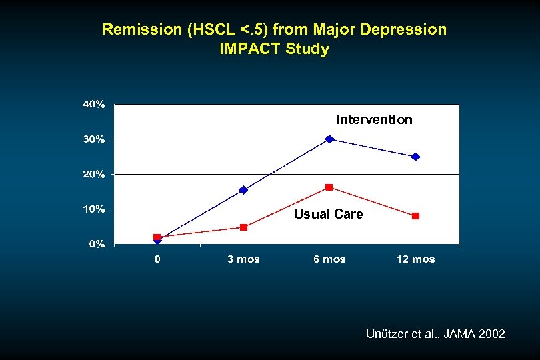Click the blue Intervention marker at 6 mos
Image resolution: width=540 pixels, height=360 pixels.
coord(329,139)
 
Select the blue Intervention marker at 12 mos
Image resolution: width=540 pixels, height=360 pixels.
coord(415,157)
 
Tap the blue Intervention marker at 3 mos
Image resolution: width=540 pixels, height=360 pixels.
coord(243,190)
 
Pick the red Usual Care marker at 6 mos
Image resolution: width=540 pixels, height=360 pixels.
coord(329,187)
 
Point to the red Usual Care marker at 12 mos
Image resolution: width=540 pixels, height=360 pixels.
coord(415,216)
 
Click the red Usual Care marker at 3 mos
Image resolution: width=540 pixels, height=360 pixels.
coord(243,227)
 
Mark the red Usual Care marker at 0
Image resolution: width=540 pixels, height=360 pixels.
coord(157,237)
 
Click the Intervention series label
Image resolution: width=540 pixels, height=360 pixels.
coord(374,120)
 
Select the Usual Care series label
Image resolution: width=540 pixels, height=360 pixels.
coord(328,214)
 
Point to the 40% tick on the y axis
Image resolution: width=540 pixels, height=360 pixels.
coord(93,105)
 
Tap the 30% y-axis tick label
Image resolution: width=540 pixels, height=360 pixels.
coord(93,139)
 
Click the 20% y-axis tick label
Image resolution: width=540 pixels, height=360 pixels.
coord(93,174)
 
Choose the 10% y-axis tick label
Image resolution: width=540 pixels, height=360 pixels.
coord(93,209)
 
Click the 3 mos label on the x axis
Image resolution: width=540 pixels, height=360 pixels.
coord(243,259)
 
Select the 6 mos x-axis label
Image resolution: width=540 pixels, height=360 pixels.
coord(329,259)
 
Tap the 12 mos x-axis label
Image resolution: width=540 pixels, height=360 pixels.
coord(415,259)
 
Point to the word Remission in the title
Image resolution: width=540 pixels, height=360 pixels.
coord(133,30)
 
